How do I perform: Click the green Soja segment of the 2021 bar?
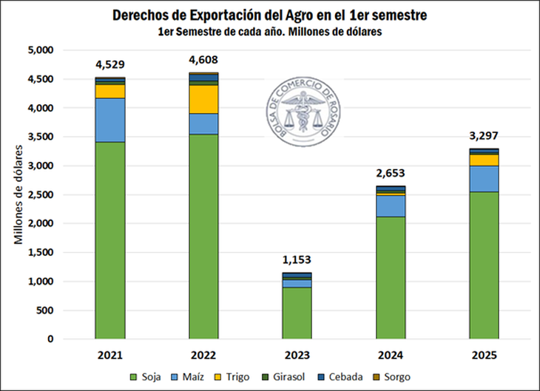[109, 240]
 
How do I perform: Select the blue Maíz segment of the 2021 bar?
[109, 120]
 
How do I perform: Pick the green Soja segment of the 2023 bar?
[297, 313]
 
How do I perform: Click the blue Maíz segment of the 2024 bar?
[391, 205]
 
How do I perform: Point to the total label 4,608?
[203, 60]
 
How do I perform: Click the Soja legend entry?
[146, 377]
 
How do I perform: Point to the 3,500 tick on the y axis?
[41, 137]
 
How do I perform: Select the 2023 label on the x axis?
[297, 354]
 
